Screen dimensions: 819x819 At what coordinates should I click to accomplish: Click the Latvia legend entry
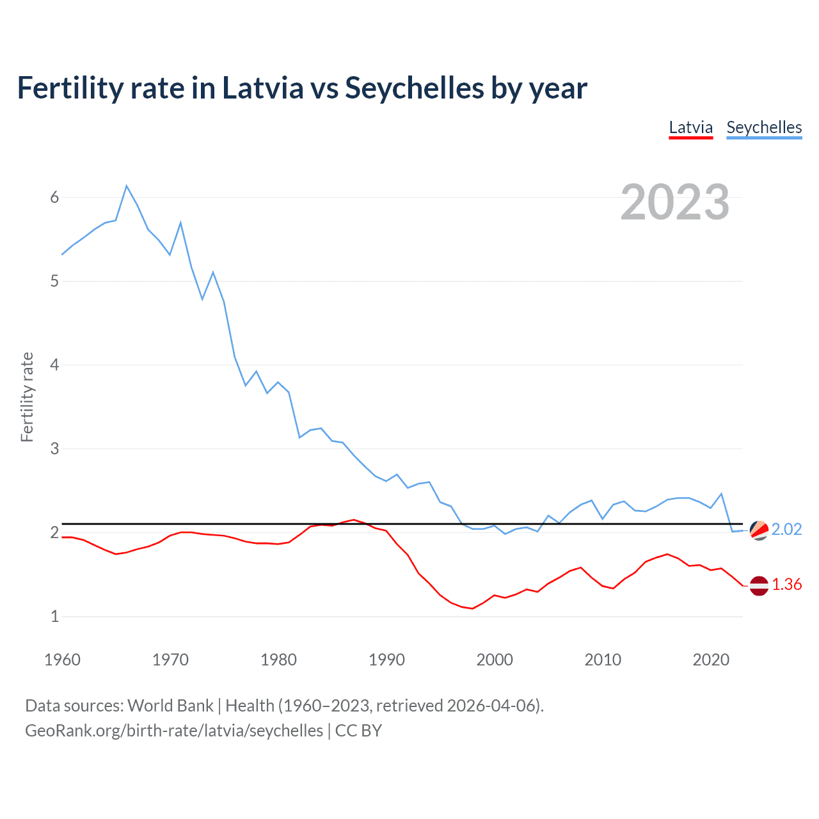690,127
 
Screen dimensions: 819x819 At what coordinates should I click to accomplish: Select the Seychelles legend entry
764,127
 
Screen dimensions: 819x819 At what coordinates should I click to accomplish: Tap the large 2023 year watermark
674,202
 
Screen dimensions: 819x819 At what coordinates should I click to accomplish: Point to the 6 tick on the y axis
54,197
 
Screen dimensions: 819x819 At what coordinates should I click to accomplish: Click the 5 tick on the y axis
54,281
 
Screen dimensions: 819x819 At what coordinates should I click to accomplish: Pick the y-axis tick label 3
54,449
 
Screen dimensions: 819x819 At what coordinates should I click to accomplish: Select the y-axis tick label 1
54,616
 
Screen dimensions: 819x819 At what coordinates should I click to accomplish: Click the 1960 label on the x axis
62,660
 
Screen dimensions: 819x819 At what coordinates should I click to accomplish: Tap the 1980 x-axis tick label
278,660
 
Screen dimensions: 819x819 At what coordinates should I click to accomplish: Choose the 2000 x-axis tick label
495,660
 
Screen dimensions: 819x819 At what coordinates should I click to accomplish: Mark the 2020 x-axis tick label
711,660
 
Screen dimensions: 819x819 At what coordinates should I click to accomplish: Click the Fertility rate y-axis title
27,397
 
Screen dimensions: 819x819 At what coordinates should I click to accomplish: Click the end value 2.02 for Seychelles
786,529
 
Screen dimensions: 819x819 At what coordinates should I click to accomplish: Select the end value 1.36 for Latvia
786,584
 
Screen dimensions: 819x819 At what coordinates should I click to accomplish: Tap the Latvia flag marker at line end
759,585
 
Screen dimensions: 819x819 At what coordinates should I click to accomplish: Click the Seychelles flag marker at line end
759,530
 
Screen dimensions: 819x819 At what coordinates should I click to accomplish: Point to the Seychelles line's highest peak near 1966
127,186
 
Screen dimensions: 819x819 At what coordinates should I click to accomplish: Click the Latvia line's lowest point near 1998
472,608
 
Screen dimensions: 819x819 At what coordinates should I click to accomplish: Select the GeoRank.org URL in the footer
174,731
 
